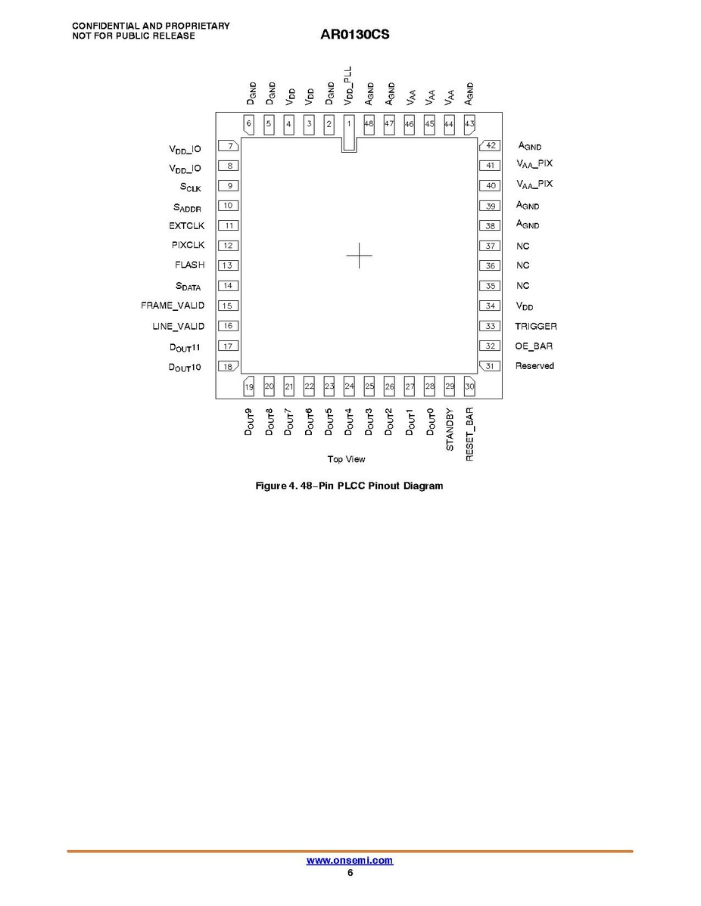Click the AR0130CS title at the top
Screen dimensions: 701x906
354,35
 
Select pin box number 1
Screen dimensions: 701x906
349,133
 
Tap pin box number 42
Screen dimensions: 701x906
490,146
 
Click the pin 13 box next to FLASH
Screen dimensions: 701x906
228,265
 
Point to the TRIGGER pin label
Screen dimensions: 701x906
536,327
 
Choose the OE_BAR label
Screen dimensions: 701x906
534,346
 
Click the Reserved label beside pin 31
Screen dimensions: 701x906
534,366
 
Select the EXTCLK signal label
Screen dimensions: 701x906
187,226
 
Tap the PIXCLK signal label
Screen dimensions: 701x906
188,245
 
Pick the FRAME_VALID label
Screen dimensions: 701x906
173,306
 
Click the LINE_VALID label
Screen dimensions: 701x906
178,327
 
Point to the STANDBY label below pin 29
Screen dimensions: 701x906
450,430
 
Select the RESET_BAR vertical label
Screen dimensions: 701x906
469,435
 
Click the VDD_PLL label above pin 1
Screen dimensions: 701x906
347,85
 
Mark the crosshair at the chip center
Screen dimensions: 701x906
359,256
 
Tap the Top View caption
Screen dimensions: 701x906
347,459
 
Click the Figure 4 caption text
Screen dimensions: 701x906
349,486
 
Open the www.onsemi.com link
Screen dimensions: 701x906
350,861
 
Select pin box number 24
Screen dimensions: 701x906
349,386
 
